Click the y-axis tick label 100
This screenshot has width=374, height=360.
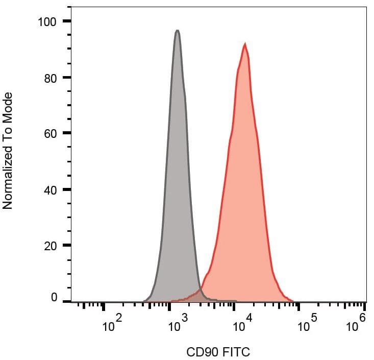point(48,21)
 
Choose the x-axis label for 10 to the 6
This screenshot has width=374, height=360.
point(356,324)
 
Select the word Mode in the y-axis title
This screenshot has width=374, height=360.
point(7,106)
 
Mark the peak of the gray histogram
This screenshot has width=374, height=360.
point(177,31)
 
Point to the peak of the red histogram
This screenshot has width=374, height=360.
point(245,44)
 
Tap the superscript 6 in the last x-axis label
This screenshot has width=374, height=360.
point(362,318)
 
